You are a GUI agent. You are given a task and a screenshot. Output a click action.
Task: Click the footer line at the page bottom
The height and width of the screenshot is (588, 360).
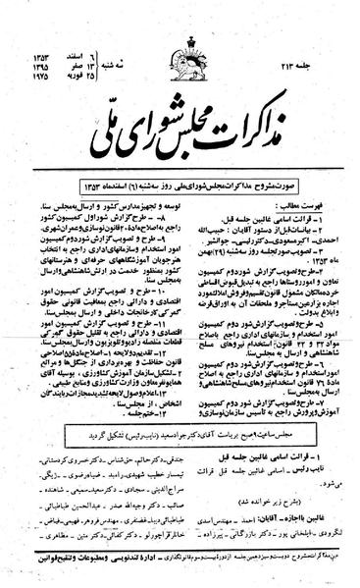pyautogui.click(x=180, y=571)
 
